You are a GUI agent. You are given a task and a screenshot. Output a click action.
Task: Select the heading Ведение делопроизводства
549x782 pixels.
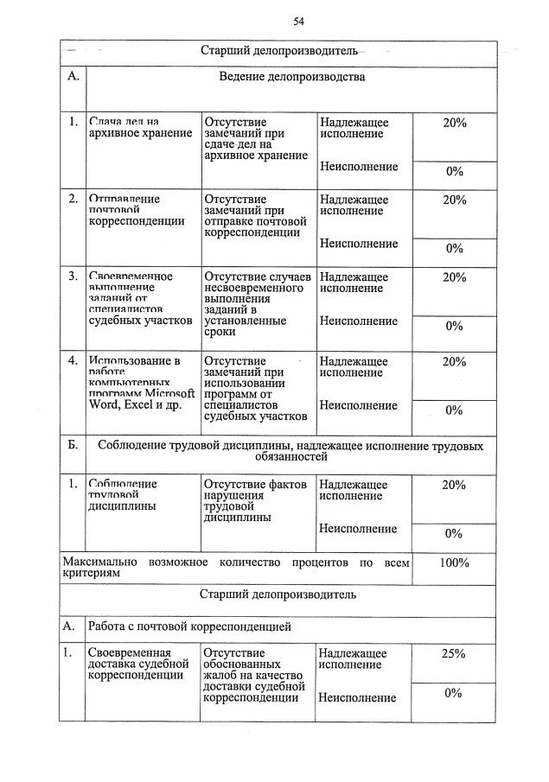(x=291, y=77)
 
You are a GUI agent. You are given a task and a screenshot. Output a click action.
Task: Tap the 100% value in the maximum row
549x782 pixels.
(x=454, y=563)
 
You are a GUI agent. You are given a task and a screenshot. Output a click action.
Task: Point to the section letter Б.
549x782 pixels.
(x=73, y=446)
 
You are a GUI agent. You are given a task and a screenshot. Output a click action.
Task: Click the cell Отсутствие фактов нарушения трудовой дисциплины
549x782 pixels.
(x=255, y=501)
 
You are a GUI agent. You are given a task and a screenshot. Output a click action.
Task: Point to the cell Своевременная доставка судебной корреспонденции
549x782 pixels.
(x=138, y=664)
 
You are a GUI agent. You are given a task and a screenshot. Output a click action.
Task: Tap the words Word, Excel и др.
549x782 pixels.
(x=136, y=404)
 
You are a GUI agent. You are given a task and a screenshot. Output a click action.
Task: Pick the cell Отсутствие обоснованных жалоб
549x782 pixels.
(x=255, y=675)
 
